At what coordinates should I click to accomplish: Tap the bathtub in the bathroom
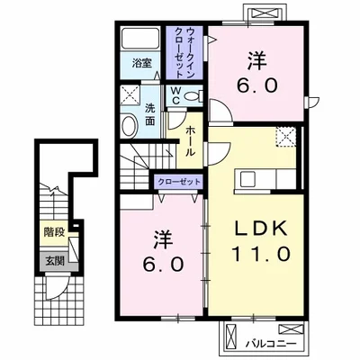point(140,40)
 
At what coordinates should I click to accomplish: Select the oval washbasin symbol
point(129,129)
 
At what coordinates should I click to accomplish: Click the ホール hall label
point(193,141)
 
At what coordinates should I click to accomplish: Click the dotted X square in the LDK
point(286,137)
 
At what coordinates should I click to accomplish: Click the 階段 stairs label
point(53,231)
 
